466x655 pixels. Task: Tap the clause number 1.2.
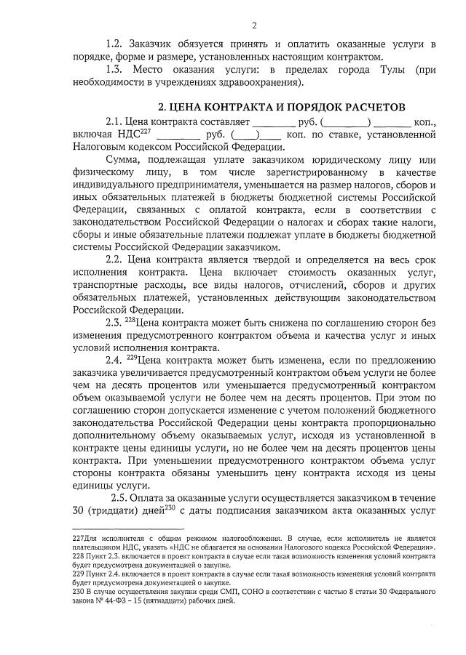click(x=116, y=44)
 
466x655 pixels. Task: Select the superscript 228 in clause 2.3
click(x=131, y=318)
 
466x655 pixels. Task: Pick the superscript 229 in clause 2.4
click(x=133, y=356)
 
